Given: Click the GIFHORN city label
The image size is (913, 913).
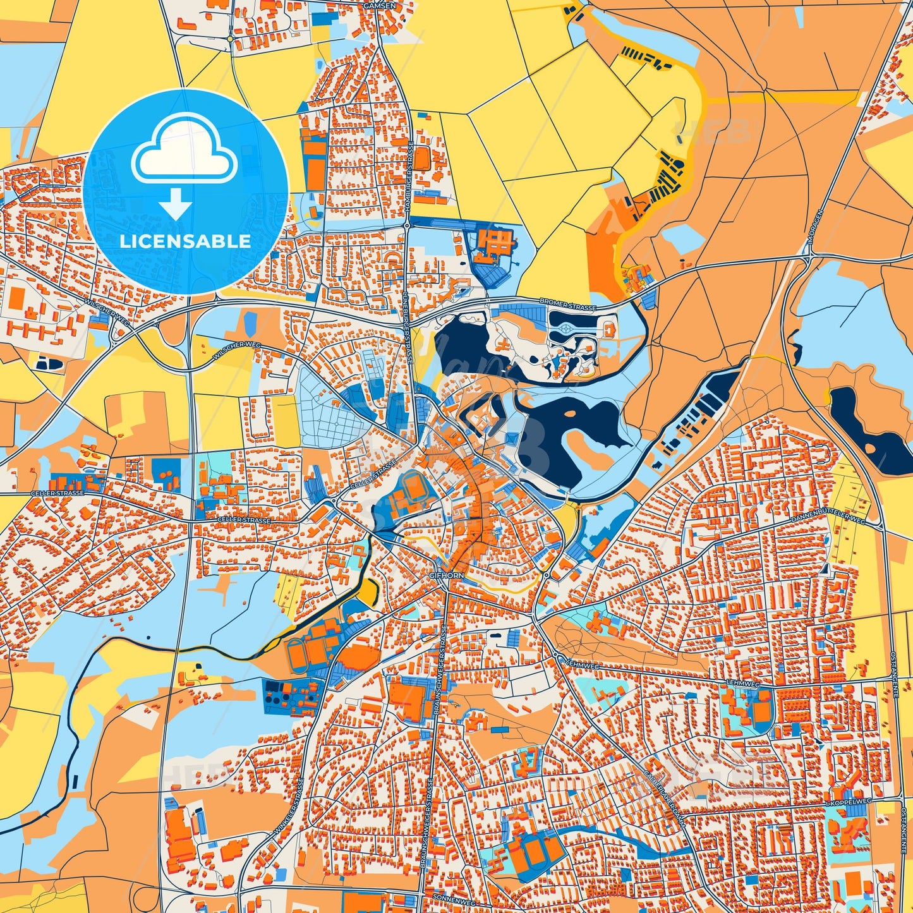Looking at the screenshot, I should pos(447,576).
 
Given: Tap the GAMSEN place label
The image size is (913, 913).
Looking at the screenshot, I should pos(379,5).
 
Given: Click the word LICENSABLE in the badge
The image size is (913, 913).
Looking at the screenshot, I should pos(185,241).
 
